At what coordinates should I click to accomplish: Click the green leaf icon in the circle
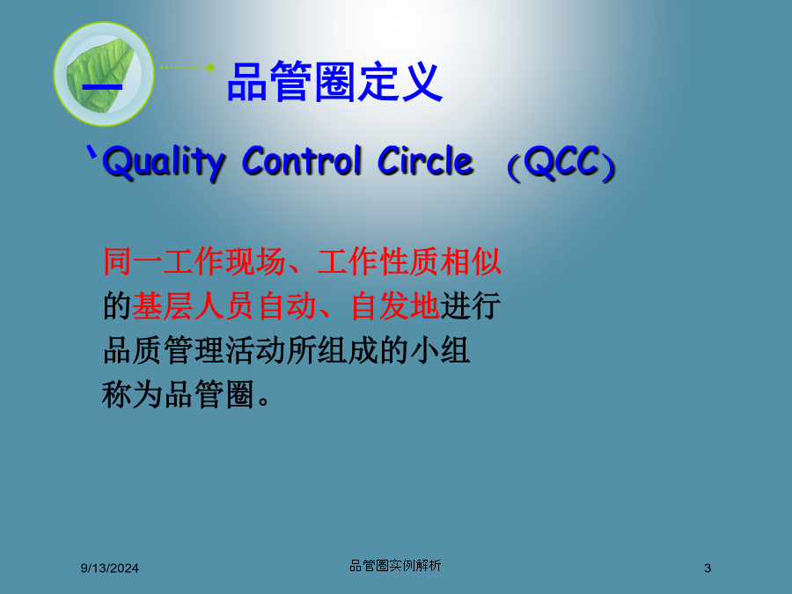click(101, 74)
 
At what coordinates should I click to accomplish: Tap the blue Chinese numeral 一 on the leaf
click(102, 87)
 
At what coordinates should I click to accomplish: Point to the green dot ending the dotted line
click(210, 67)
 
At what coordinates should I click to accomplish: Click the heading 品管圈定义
click(335, 82)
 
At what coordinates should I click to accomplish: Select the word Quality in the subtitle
click(163, 162)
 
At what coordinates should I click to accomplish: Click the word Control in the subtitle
click(302, 161)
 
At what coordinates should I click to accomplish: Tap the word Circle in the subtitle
click(425, 161)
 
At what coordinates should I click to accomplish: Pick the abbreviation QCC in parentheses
click(561, 163)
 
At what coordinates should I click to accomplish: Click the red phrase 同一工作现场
click(194, 261)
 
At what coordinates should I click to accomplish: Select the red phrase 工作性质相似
click(409, 261)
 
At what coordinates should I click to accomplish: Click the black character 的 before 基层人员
click(117, 306)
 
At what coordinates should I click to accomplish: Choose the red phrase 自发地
click(395, 306)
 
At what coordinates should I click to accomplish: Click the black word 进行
click(470, 306)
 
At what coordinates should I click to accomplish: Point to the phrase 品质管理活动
click(194, 350)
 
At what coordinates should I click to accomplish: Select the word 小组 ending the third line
click(440, 350)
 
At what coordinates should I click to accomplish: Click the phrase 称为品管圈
click(178, 394)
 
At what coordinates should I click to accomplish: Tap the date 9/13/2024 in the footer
click(110, 568)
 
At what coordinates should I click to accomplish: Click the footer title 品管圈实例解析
click(395, 566)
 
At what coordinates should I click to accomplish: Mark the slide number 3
click(708, 568)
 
